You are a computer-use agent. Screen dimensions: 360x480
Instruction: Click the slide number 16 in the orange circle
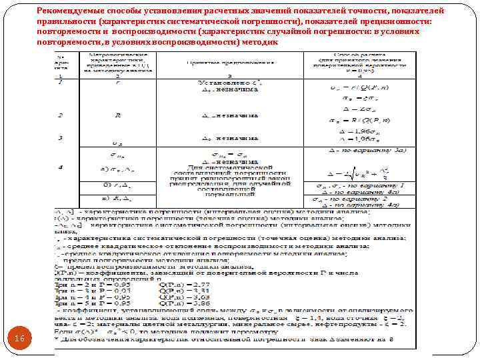20,339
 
